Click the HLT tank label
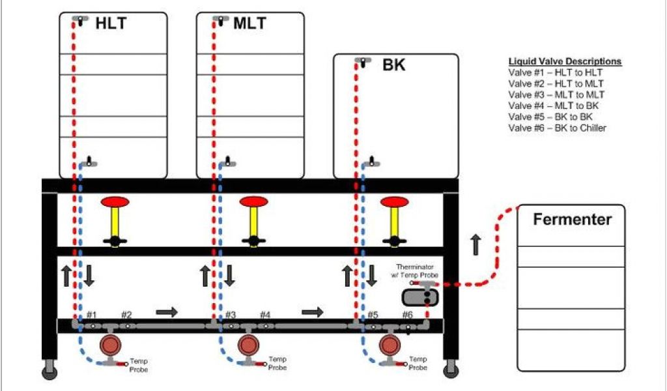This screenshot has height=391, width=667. [111, 23]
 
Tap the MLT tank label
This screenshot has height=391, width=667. [249, 23]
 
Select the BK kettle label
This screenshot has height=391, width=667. [393, 65]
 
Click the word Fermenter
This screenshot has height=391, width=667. [573, 220]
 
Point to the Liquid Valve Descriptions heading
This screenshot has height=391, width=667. [565, 61]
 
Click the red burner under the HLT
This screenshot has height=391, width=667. [115, 201]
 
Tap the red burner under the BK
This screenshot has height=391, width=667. [394, 201]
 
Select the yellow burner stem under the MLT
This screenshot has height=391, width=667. [254, 222]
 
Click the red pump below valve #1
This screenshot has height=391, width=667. [108, 345]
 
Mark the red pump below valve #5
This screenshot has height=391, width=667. [390, 345]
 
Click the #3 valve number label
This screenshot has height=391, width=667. [231, 315]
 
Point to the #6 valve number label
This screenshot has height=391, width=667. [407, 315]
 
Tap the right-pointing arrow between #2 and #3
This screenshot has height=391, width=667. [167, 311]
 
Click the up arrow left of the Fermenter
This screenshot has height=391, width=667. [475, 245]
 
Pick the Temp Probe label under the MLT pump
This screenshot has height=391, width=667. [278, 364]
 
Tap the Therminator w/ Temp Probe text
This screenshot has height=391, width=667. [417, 271]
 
